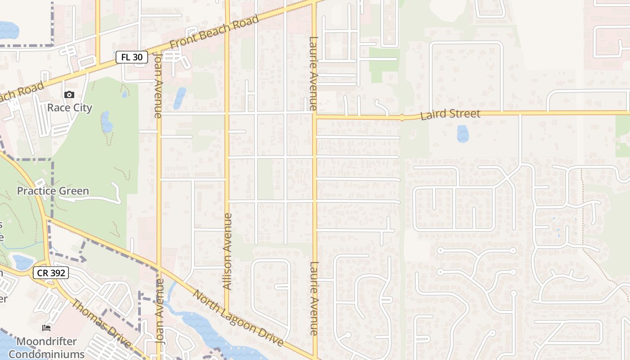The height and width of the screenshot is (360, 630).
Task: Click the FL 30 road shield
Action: tap(132, 57)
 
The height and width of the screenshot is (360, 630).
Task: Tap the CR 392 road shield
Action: tap(50, 272)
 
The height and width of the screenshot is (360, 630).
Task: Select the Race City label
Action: tap(70, 108)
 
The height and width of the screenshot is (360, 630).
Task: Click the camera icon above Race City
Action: tap(69, 94)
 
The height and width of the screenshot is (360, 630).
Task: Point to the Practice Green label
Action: tap(53, 191)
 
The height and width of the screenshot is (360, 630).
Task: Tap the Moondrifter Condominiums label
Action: tap(46, 348)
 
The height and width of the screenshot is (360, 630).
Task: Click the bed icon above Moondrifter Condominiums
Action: tap(46, 328)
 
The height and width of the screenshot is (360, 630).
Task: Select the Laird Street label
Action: tap(450, 114)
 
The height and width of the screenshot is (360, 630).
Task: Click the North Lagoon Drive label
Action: tap(238, 319)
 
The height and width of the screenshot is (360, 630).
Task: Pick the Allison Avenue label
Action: tap(227, 251)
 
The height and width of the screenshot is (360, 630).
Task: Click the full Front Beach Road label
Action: tap(215, 33)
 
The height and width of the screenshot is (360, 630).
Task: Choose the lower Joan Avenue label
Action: tap(159, 311)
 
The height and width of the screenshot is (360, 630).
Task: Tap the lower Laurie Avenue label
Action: tap(314, 298)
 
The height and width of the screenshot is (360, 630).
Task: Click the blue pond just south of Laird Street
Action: tap(463, 134)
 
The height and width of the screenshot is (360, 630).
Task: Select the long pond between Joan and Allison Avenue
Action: tap(180, 99)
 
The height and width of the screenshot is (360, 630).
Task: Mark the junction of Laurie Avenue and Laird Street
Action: tap(315, 116)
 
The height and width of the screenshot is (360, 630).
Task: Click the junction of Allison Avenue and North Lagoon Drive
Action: tap(227, 312)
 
